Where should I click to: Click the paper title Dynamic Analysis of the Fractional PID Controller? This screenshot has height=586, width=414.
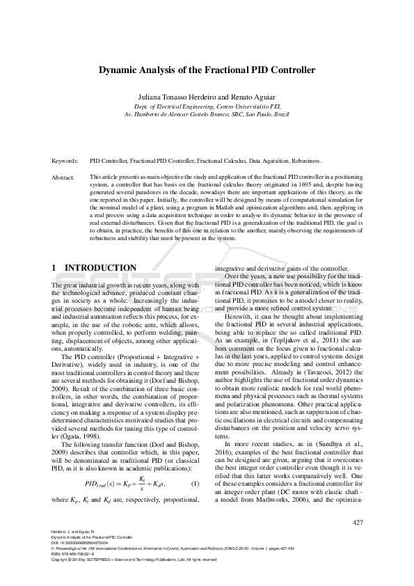pyautogui.click(x=207, y=70)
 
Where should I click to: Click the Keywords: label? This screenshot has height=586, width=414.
pyautogui.click(x=65, y=159)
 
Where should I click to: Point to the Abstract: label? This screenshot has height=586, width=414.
pyautogui.click(x=64, y=177)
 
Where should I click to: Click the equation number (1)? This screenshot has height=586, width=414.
pyautogui.click(x=196, y=482)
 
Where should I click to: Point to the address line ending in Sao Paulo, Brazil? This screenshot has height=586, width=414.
pyautogui.click(x=207, y=113)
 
